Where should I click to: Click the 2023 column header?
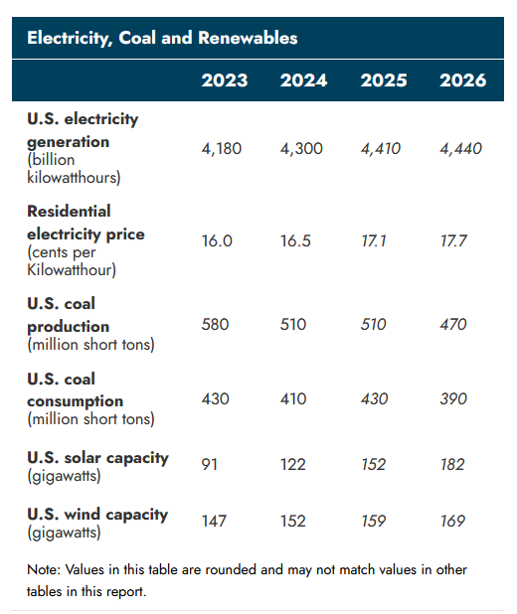point(225,80)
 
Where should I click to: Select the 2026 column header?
point(463,80)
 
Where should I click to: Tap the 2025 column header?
point(384,80)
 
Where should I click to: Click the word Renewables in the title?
point(248,38)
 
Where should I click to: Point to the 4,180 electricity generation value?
point(222,149)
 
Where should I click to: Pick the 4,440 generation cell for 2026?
point(460,149)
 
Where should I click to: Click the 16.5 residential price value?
point(295,240)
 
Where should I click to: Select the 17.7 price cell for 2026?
point(453,240)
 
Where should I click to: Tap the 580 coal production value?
point(215,324)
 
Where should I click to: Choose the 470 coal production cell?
point(453,324)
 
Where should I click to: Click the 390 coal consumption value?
point(453,399)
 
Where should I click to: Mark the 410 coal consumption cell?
point(293,399)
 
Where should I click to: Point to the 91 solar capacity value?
point(210,464)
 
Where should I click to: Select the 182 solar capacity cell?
point(452,464)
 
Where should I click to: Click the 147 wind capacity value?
point(214,522)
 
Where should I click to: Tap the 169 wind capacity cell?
point(452,522)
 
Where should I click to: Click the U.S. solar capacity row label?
point(98,458)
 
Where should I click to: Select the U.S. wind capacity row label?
point(97,515)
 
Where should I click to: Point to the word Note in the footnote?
point(44,569)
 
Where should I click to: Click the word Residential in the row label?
point(69,212)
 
